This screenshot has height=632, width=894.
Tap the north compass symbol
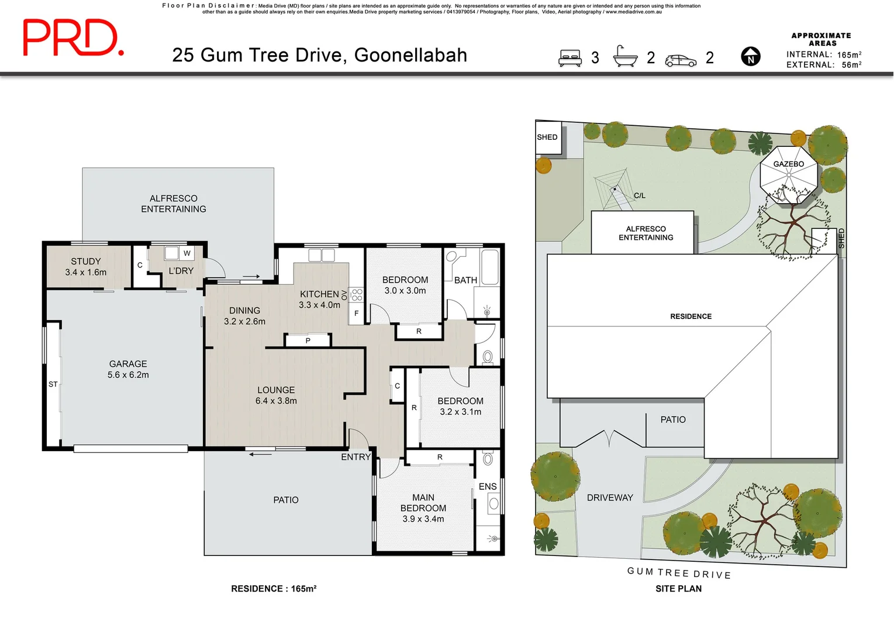pyautogui.click(x=751, y=57)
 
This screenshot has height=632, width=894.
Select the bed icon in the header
pyautogui.click(x=570, y=58)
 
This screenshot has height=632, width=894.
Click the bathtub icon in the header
pyautogui.click(x=625, y=57)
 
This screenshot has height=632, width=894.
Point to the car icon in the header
pyautogui.click(x=681, y=60)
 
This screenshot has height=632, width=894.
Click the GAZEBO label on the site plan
pyautogui.click(x=788, y=164)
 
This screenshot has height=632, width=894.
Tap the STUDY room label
pyautogui.click(x=86, y=262)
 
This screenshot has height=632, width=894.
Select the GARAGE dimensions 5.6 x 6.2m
pyautogui.click(x=128, y=375)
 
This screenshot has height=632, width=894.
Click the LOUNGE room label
pyautogui.click(x=276, y=390)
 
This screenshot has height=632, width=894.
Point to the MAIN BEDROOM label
pyautogui.click(x=423, y=503)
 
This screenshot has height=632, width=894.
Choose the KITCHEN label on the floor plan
pyautogui.click(x=319, y=294)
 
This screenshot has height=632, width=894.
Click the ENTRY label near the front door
pyautogui.click(x=355, y=457)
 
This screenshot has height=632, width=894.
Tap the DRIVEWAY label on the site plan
pyautogui.click(x=610, y=497)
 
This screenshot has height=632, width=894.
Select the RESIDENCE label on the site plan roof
pyautogui.click(x=691, y=317)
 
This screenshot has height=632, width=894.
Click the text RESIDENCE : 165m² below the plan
pyautogui.click(x=274, y=589)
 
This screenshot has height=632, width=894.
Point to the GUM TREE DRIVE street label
pyautogui.click(x=679, y=573)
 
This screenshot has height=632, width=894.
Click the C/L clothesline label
pyautogui.click(x=640, y=195)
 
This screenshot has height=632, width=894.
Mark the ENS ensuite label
pyautogui.click(x=488, y=486)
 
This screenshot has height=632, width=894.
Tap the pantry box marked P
pyautogui.click(x=308, y=341)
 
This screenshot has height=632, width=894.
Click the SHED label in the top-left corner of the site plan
pyautogui.click(x=547, y=137)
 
